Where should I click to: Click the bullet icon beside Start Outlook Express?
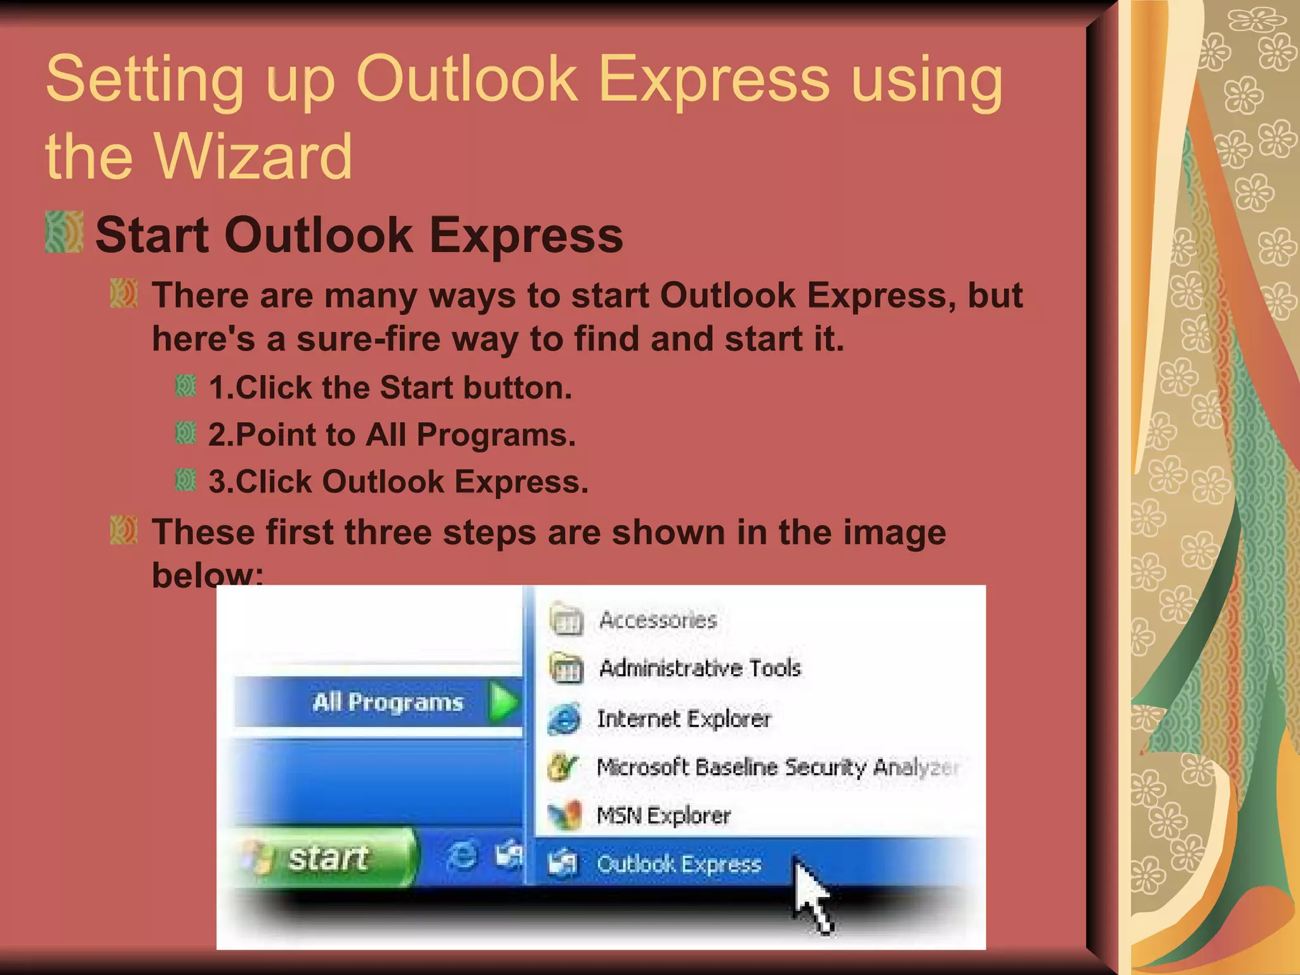(64, 232)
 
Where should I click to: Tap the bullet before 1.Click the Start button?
(185, 386)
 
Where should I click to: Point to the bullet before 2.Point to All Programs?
(185, 434)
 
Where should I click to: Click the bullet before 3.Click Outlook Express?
(185, 481)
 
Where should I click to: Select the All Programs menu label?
(388, 702)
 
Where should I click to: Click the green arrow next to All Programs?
(503, 702)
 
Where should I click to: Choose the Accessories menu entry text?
(658, 620)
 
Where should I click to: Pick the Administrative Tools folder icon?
(566, 668)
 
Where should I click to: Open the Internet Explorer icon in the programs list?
(564, 719)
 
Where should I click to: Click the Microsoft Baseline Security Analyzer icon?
(563, 767)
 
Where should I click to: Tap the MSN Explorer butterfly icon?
(564, 815)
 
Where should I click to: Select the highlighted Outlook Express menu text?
(679, 864)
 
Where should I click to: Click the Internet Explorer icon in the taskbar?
(462, 856)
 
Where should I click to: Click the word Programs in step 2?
(496, 435)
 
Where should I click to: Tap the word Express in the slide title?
(713, 79)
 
